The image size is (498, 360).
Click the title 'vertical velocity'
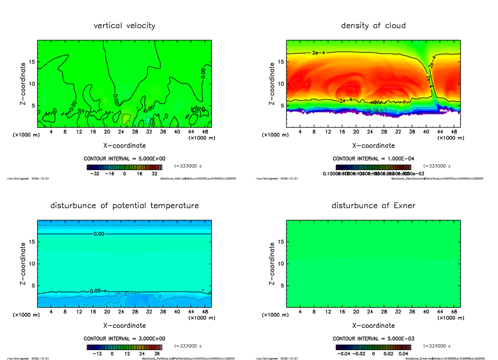pyautogui.click(x=124, y=26)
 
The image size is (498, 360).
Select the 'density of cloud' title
pyautogui.click(x=373, y=26)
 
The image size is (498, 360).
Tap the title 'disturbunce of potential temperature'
pyautogui.click(x=124, y=206)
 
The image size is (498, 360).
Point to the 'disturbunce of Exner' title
pyautogui.click(x=373, y=206)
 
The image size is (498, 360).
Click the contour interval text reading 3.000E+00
pyautogui.click(x=124, y=338)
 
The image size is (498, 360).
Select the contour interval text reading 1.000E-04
pyautogui.click(x=373, y=158)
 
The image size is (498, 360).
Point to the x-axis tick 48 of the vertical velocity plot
pyautogui.click(x=205, y=132)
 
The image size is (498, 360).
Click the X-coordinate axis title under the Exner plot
pyautogui.click(x=373, y=326)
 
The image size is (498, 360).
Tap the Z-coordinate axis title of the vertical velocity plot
pyautogui.click(x=24, y=83)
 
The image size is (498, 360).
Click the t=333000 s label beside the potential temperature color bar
pyautogui.click(x=188, y=345)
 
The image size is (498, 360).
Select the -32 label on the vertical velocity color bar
pyautogui.click(x=96, y=174)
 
